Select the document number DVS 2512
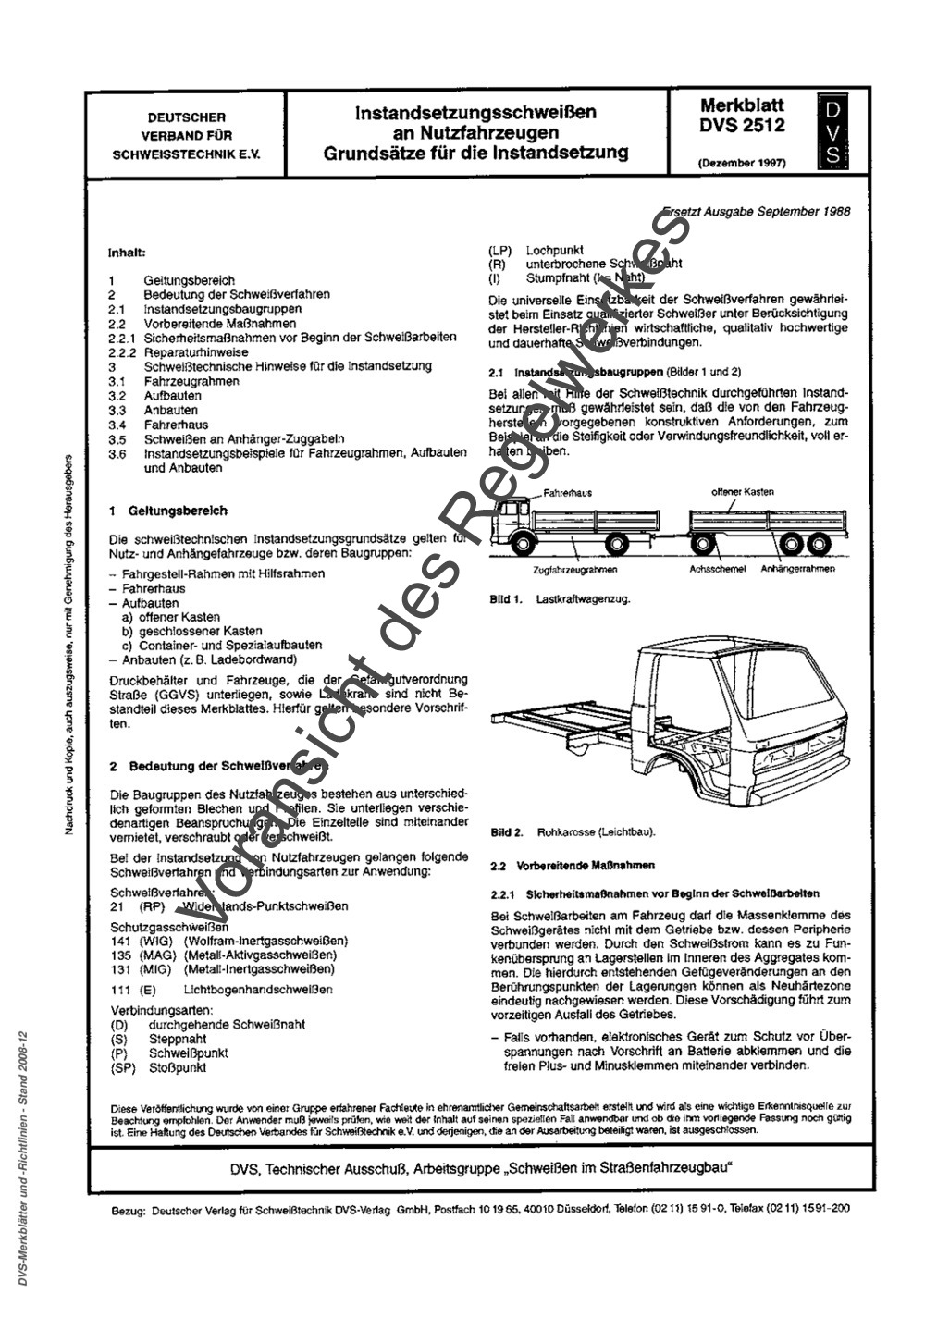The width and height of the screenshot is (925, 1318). pos(742,127)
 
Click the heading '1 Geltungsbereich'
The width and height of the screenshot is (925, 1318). pos(168,511)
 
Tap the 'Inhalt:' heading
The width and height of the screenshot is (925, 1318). pos(127,251)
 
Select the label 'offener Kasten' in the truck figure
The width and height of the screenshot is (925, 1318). pos(743,492)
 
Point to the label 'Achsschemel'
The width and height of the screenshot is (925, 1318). pos(717,569)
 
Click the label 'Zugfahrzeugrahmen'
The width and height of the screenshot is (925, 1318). pos(576,571)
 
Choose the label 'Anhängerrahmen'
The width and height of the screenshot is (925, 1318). pos(798,569)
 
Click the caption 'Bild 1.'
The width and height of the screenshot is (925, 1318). pos(507,599)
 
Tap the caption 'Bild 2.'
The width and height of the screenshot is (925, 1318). pos(507,832)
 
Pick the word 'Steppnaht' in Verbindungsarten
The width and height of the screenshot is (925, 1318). pos(178,1039)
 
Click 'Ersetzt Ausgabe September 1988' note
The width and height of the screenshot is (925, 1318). pos(757,211)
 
